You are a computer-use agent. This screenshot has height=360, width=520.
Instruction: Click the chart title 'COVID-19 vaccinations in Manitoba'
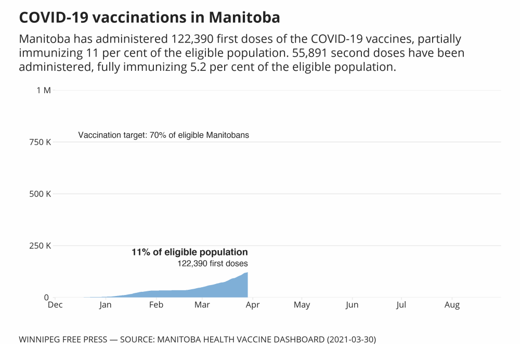(149, 17)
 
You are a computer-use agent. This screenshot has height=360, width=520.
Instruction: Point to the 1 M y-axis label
(44, 90)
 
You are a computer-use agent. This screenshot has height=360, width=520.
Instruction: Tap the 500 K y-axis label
(41, 194)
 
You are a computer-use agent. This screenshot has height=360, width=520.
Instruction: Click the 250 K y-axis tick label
(41, 246)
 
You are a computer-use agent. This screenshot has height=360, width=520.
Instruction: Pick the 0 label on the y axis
(46, 298)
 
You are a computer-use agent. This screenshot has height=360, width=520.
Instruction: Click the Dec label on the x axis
(55, 305)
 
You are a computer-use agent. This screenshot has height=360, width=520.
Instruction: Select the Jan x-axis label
(106, 305)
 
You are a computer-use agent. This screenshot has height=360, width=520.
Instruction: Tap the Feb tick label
(156, 305)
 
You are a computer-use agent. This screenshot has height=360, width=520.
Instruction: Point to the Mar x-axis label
(202, 305)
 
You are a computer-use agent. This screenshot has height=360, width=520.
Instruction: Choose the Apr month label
(252, 305)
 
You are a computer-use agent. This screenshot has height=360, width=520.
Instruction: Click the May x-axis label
(302, 305)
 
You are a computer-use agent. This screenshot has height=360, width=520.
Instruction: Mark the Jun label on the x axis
(352, 305)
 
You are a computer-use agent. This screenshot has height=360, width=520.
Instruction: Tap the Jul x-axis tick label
(401, 305)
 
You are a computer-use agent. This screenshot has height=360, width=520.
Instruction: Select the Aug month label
(452, 305)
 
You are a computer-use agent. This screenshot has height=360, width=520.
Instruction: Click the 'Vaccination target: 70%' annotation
(164, 135)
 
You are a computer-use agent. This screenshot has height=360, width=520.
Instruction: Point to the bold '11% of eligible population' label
(189, 252)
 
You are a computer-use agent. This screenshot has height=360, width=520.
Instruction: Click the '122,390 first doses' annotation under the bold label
(213, 263)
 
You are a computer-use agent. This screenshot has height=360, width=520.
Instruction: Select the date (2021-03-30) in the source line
(351, 340)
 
